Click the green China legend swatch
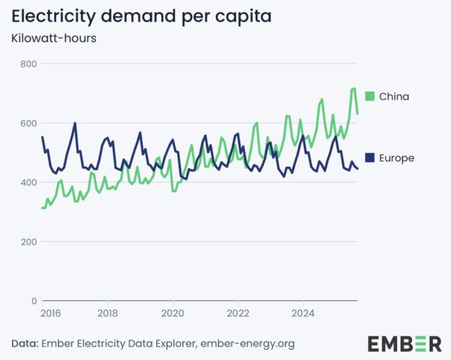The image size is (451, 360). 370,96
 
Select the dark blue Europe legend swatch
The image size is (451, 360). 370,157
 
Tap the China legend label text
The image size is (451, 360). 394,97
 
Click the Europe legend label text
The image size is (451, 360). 397,158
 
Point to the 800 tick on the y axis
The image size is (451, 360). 29,64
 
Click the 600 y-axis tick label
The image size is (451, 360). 29,124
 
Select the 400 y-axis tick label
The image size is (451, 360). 29,182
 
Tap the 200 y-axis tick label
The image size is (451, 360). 29,242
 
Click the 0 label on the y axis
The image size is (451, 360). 34,301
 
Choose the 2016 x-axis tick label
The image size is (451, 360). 51,313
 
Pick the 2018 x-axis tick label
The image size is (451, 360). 108,313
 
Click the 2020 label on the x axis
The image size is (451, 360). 173,313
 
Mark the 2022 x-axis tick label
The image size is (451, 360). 238,313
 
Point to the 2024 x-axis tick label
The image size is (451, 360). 303,313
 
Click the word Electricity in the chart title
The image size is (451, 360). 53,17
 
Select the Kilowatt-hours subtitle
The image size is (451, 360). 54,38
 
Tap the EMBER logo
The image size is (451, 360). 405,344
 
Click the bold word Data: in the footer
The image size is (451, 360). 25,344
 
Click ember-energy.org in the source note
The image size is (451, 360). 248,344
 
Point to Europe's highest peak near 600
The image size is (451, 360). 75,123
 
